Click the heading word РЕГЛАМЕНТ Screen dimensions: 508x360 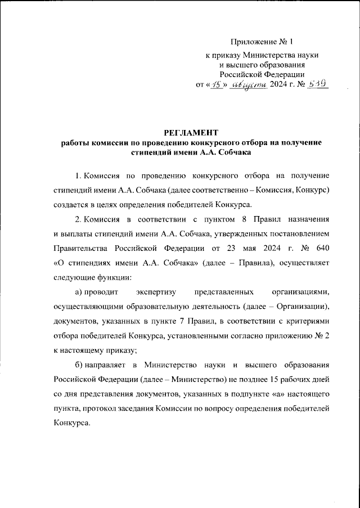click(x=191, y=133)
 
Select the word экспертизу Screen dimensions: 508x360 click(x=157, y=291)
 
